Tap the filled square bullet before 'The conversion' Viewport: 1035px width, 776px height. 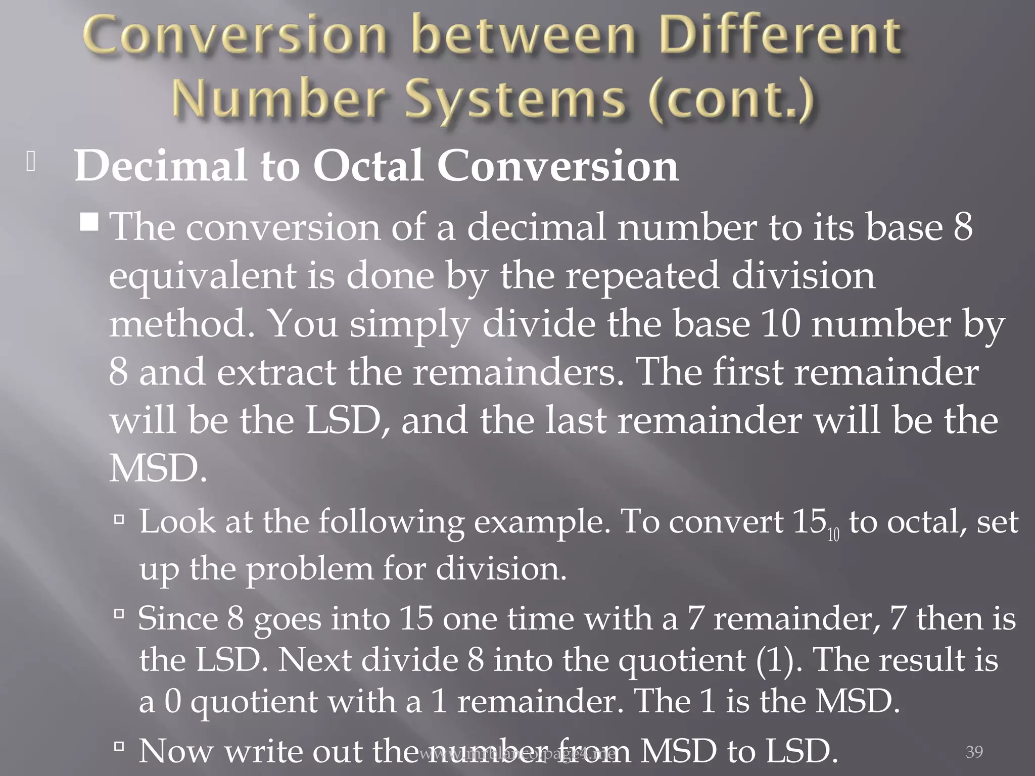click(89, 222)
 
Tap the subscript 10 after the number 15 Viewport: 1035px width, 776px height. click(833, 535)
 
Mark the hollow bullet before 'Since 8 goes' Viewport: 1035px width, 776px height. click(119, 614)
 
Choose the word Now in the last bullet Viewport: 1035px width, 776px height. click(175, 751)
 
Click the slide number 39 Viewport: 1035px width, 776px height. click(974, 752)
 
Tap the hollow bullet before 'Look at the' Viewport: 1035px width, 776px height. click(119, 518)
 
